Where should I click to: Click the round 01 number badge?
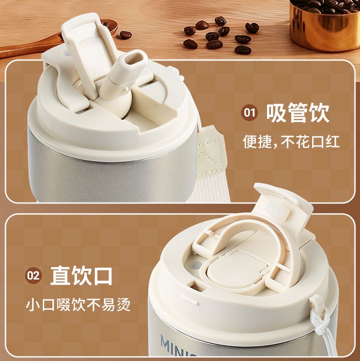(250, 113)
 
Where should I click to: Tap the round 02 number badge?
(34, 275)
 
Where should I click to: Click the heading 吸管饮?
(298, 113)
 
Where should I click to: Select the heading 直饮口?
(82, 275)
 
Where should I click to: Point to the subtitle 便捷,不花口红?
(291, 142)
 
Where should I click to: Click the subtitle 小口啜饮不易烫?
(78, 305)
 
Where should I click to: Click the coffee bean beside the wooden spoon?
(126, 35)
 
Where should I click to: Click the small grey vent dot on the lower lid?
(195, 265)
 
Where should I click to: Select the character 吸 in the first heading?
(276, 113)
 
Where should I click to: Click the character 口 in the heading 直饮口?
(103, 276)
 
